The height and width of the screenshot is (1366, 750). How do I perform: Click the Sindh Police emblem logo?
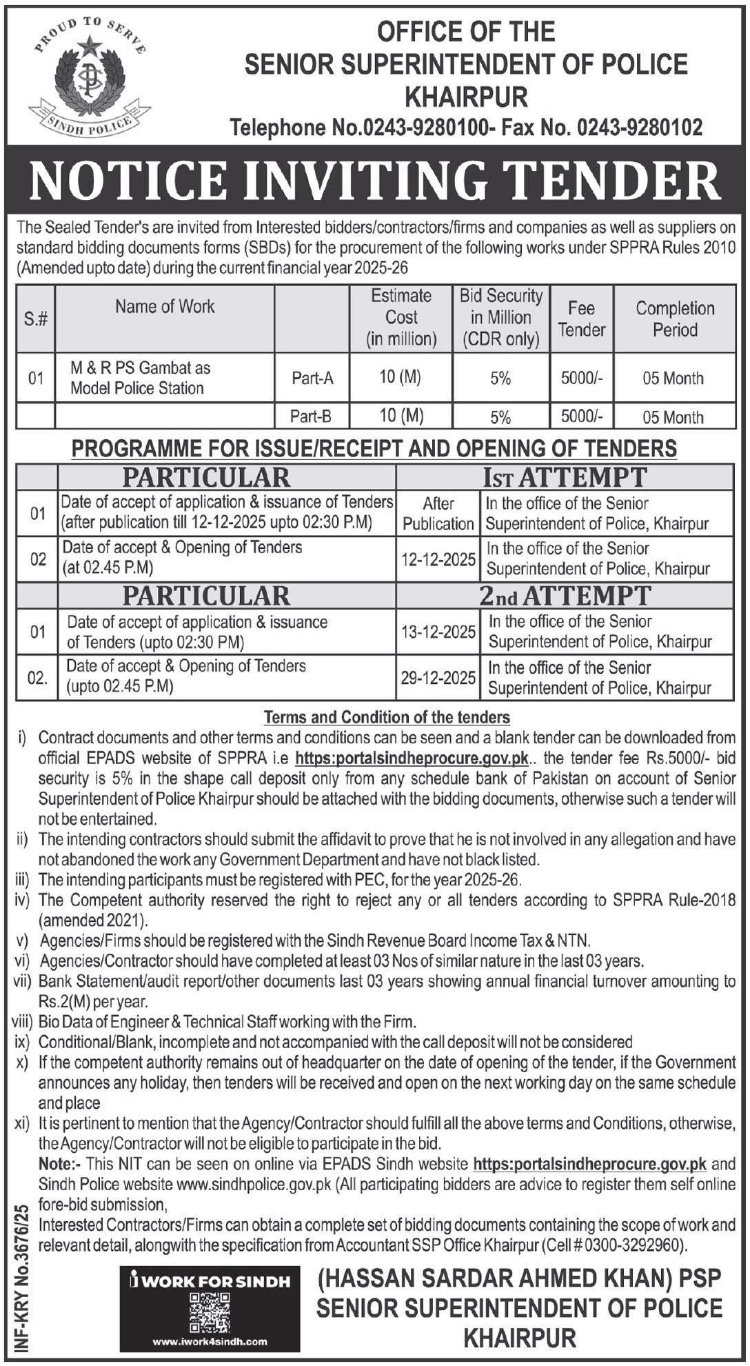click(89, 77)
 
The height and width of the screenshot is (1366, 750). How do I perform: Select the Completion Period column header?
click(674, 319)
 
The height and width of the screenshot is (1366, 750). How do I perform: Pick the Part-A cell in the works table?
click(312, 378)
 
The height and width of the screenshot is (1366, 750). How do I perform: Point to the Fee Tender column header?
click(582, 319)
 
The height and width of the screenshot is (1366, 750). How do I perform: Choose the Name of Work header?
click(165, 306)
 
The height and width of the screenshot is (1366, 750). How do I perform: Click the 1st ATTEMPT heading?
click(565, 476)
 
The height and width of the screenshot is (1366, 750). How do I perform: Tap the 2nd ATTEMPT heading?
click(565, 595)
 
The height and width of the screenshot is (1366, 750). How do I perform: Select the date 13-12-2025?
click(438, 632)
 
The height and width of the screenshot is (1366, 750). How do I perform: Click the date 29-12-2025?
click(438, 677)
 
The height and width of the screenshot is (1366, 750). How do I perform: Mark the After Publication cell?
click(438, 513)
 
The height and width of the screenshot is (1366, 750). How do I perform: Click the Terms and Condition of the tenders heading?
click(387, 717)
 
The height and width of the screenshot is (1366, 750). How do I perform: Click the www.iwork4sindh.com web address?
click(210, 1341)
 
